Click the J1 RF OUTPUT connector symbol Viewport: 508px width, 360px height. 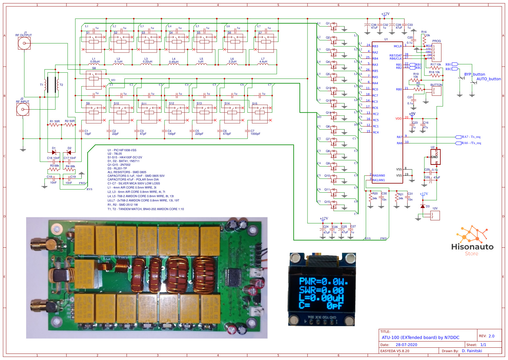tap(24, 44)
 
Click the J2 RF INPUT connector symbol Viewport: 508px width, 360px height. tap(23, 109)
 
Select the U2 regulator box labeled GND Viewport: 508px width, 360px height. tap(435, 157)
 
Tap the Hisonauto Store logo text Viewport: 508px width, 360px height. tap(472, 247)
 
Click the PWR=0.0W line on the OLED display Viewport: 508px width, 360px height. tap(323, 282)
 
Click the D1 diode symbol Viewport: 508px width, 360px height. tap(54, 152)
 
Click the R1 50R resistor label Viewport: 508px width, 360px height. tap(55, 121)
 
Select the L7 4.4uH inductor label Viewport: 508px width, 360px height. tap(263, 60)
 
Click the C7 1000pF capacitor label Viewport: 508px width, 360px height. tap(255, 132)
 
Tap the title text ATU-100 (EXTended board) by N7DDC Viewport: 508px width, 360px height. tap(420, 337)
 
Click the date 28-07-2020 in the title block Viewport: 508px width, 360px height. tap(406, 345)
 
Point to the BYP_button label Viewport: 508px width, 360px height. tap(474, 74)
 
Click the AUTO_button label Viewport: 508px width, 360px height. tap(488, 79)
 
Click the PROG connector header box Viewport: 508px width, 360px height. tap(436, 52)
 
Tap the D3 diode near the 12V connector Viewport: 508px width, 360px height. tap(423, 206)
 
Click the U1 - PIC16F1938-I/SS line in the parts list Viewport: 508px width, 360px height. tap(122, 150)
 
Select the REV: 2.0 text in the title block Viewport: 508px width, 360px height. tap(486, 336)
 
